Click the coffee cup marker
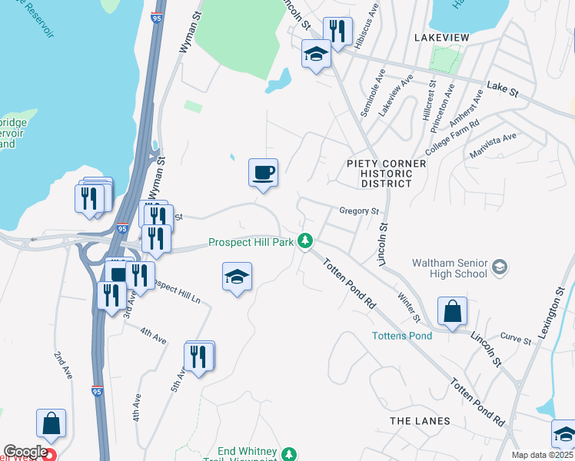[263, 172]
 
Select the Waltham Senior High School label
[450, 267]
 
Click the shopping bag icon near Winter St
[452, 311]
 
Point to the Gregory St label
[360, 211]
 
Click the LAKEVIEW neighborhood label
[446, 37]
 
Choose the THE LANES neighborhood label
[420, 421]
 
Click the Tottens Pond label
[402, 336]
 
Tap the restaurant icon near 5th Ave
[199, 357]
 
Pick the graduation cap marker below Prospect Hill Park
[237, 277]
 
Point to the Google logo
[25, 452]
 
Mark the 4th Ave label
[153, 336]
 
